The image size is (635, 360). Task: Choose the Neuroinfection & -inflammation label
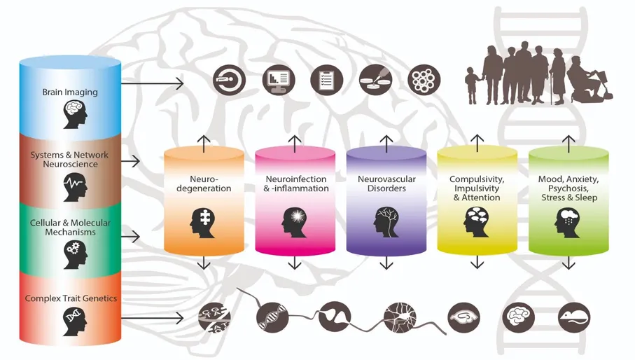point(295,184)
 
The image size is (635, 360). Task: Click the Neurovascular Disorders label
point(387,184)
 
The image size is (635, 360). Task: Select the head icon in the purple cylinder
point(386,222)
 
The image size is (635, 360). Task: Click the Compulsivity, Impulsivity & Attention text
point(477,188)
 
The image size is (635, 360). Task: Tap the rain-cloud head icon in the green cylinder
point(568,222)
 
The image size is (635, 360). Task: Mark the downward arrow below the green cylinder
point(568,263)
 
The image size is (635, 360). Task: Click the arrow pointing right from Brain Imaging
point(152,83)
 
